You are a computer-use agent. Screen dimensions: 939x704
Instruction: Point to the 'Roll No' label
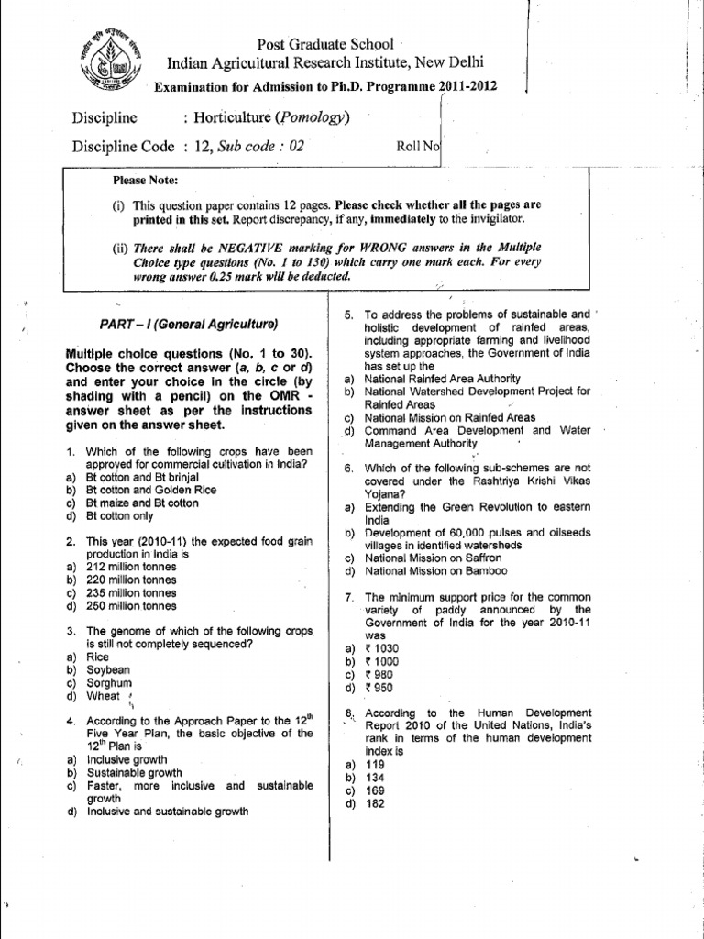[x=418, y=145]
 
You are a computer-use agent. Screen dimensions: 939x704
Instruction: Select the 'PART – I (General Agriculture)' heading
[x=188, y=325]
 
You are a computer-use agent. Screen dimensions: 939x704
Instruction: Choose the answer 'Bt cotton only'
[x=120, y=516]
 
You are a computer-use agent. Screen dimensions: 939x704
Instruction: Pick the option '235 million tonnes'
[x=131, y=592]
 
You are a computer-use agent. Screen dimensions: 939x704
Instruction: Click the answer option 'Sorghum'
[x=108, y=683]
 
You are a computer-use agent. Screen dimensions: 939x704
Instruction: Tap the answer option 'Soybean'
[x=109, y=670]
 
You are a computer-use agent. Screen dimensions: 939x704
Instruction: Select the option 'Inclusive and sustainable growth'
[x=167, y=812]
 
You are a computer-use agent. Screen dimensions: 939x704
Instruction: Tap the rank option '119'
[x=375, y=764]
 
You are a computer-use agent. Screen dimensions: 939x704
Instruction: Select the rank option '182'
[x=375, y=803]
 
